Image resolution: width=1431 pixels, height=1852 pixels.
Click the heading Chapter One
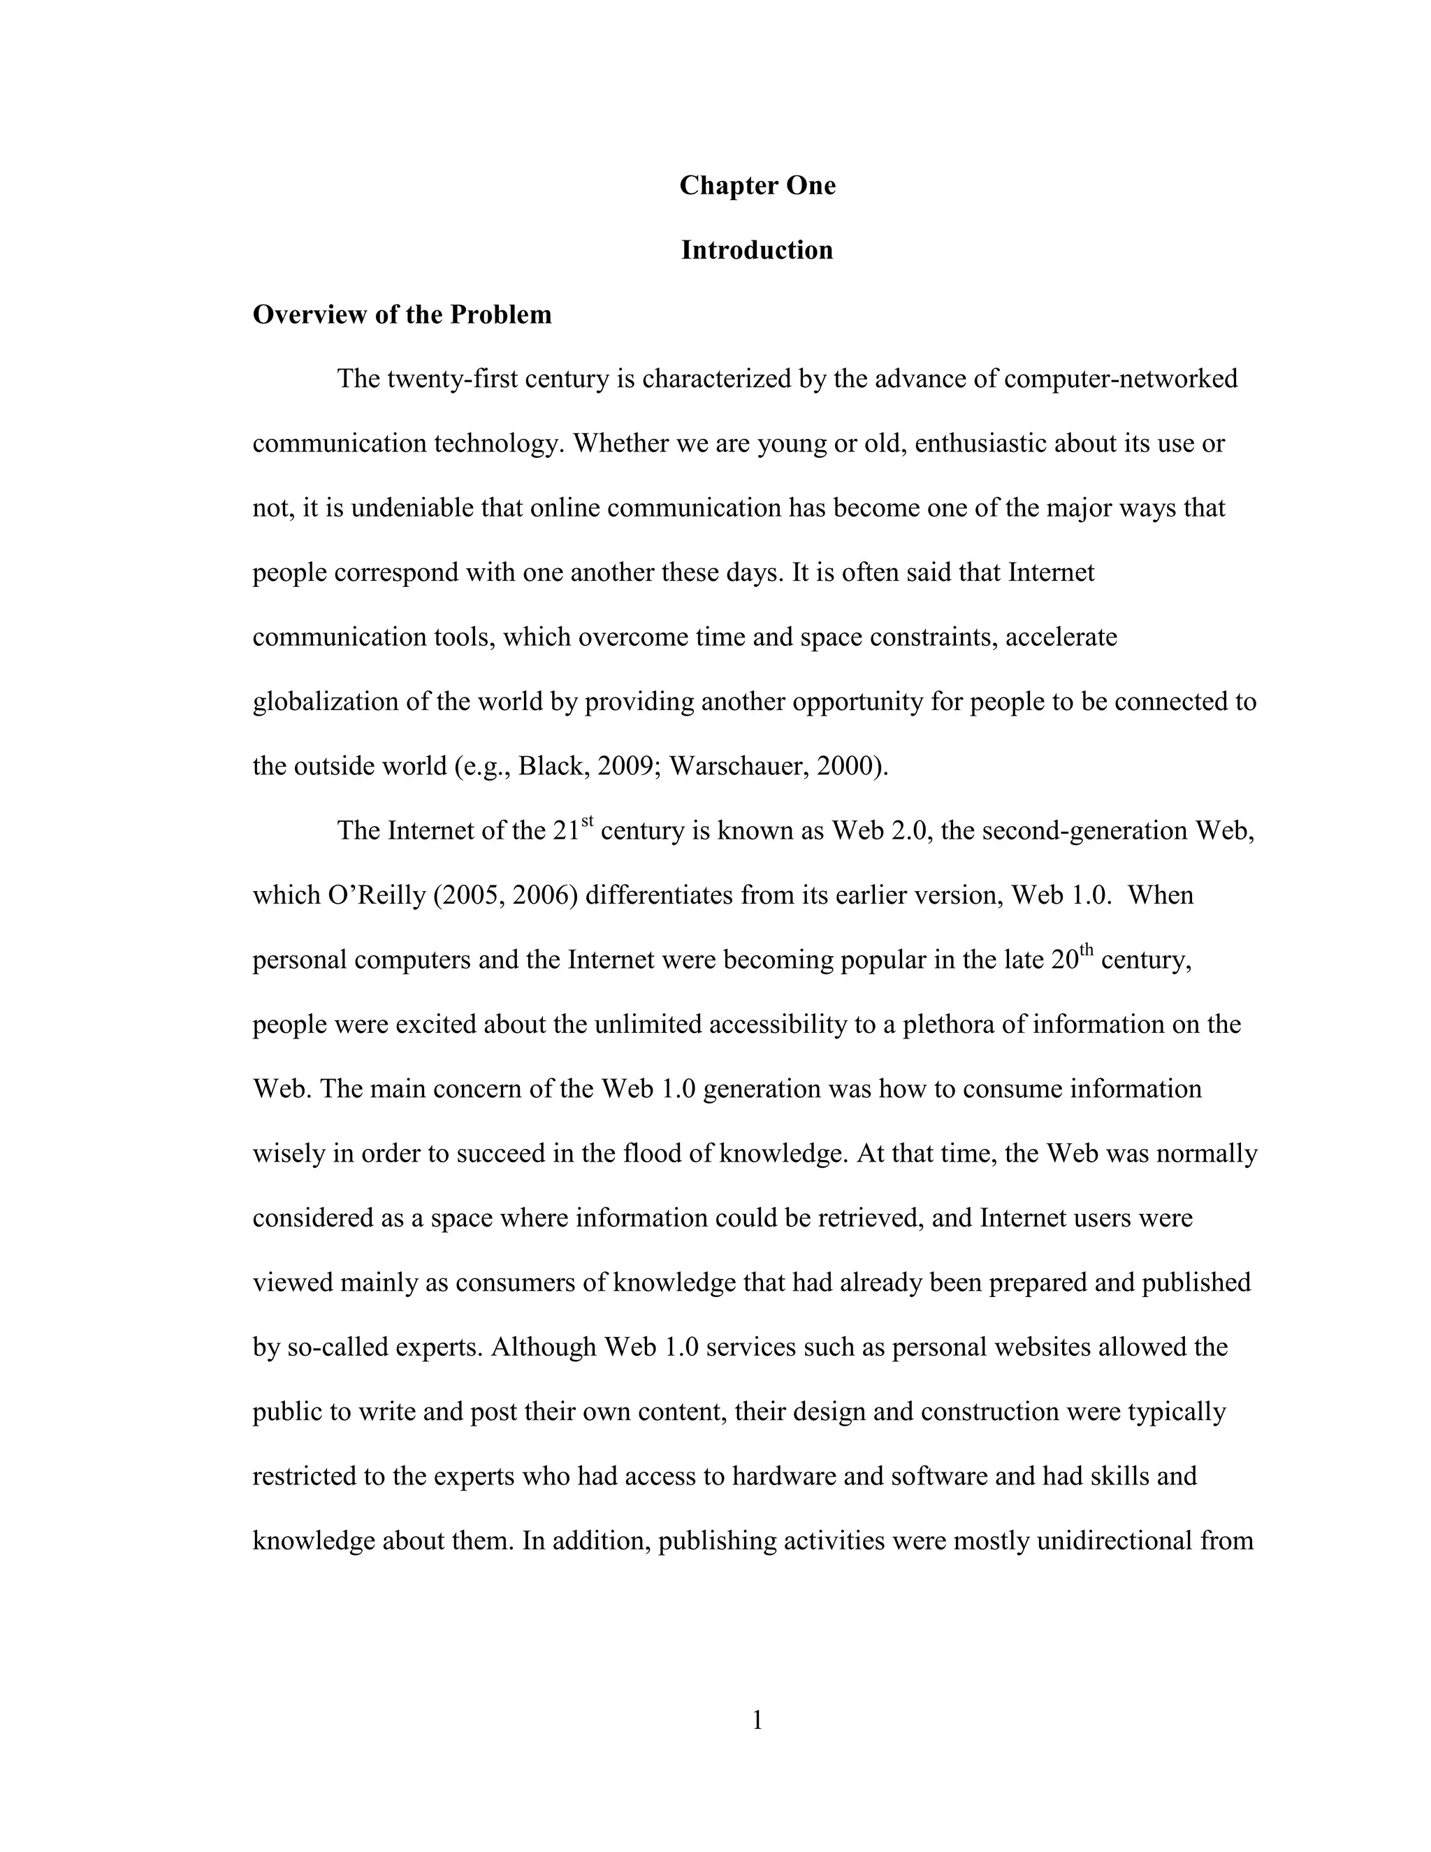(757, 186)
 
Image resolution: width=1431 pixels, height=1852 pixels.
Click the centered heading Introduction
(757, 250)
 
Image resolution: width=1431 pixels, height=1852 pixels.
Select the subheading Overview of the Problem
(402, 314)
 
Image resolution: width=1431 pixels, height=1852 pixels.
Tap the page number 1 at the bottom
(757, 1720)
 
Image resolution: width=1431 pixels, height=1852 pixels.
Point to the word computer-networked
(1120, 379)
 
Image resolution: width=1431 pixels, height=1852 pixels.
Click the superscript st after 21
(587, 822)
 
